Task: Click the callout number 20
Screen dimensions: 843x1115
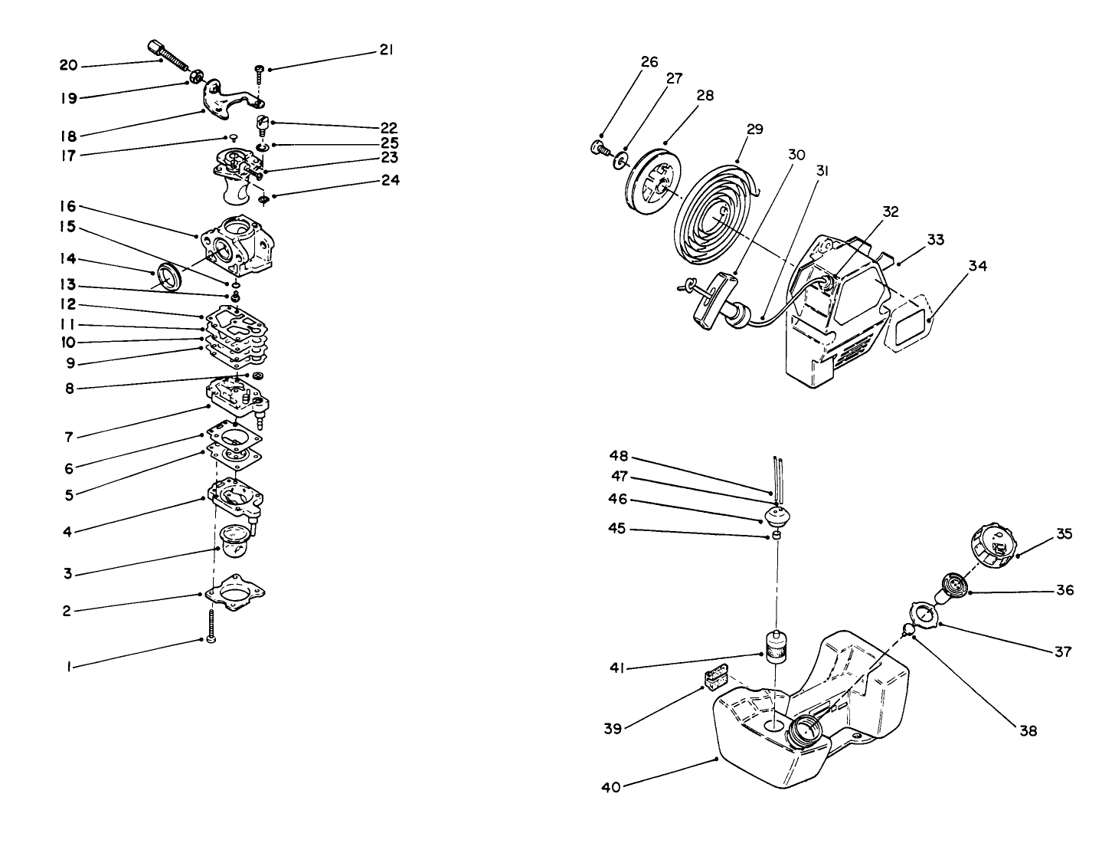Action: pyautogui.click(x=68, y=66)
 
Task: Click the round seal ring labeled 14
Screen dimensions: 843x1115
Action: pyautogui.click(x=168, y=277)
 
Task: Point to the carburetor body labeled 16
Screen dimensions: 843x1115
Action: pyautogui.click(x=235, y=244)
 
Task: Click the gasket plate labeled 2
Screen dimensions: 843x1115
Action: pyautogui.click(x=235, y=593)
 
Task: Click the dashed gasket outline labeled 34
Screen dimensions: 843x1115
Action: pyautogui.click(x=908, y=323)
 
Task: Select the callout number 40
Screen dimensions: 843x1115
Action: pyautogui.click(x=612, y=786)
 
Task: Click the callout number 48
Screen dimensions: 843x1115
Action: pyautogui.click(x=619, y=456)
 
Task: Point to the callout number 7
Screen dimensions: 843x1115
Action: pyautogui.click(x=67, y=438)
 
